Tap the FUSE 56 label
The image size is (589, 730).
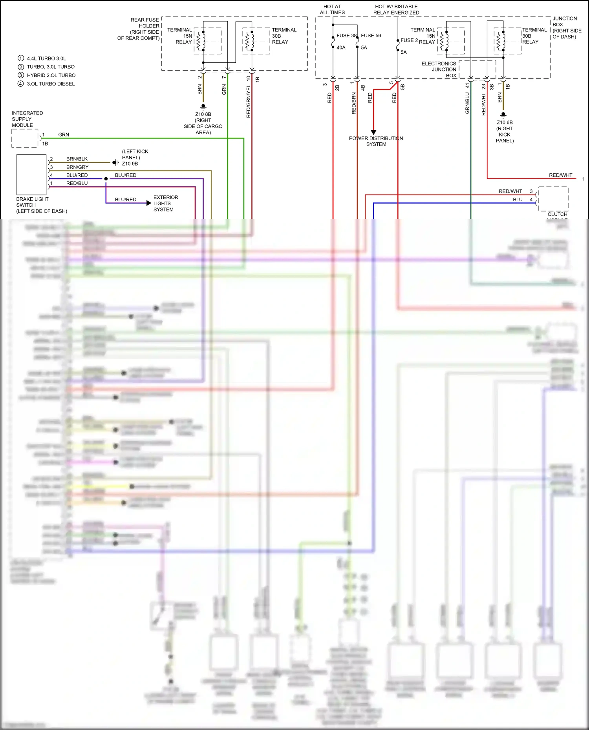point(371,36)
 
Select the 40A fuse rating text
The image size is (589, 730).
point(341,47)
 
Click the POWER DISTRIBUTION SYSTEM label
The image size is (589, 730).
point(376,141)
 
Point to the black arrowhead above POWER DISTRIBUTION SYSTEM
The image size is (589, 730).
point(373,132)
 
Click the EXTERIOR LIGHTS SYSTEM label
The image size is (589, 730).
point(165,203)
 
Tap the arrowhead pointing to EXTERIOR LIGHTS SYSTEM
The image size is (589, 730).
point(148,203)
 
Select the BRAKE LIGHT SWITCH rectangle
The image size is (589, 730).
point(31,175)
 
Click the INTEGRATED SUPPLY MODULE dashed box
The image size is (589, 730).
point(25,138)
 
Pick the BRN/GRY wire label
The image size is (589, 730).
point(77,167)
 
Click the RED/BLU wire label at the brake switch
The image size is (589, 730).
point(77,183)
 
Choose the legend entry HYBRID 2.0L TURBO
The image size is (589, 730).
point(51,75)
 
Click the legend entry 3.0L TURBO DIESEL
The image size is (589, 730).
point(51,84)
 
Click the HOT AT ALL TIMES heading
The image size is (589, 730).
point(332,9)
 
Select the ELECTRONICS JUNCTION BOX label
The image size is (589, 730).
point(439,69)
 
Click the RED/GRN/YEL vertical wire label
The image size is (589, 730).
point(248,102)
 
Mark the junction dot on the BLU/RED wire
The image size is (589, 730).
point(106,179)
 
